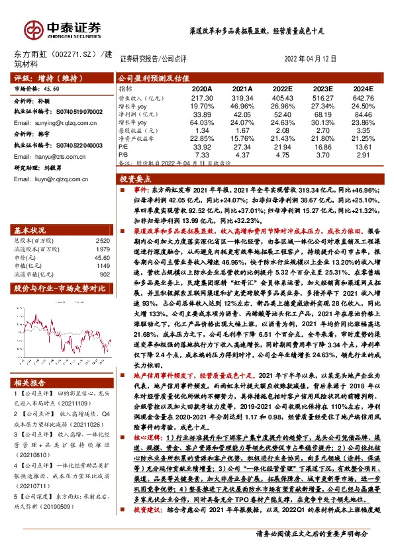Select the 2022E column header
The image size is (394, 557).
tap(282, 87)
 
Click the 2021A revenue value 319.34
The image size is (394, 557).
tap(241, 97)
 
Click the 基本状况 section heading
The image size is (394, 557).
tap(30, 230)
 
